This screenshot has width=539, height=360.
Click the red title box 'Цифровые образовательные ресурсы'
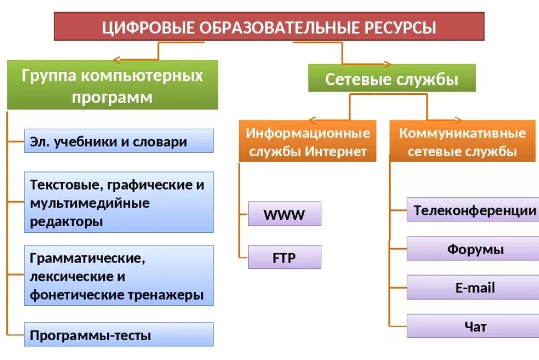coord(269,27)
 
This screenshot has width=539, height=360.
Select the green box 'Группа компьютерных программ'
coord(112,85)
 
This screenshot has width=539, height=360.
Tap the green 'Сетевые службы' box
coord(392,79)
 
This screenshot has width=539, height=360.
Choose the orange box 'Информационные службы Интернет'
coord(308,142)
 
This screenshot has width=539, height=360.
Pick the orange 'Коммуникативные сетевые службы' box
coord(462,142)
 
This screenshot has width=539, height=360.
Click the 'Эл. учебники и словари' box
coord(119,141)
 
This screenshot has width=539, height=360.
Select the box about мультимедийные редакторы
coord(119,203)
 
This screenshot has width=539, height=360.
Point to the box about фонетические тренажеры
coord(119,276)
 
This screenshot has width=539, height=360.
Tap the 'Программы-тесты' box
coord(119,335)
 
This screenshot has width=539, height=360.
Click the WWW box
coord(284,214)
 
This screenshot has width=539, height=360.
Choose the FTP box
coord(284,257)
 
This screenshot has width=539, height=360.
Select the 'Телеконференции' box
coord(473,210)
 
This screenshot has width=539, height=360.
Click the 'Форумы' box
coord(473,249)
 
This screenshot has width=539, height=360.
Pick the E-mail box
coord(473,288)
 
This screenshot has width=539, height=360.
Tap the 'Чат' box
coord(473,326)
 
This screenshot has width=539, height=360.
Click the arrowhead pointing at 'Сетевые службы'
coord(387,65)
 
